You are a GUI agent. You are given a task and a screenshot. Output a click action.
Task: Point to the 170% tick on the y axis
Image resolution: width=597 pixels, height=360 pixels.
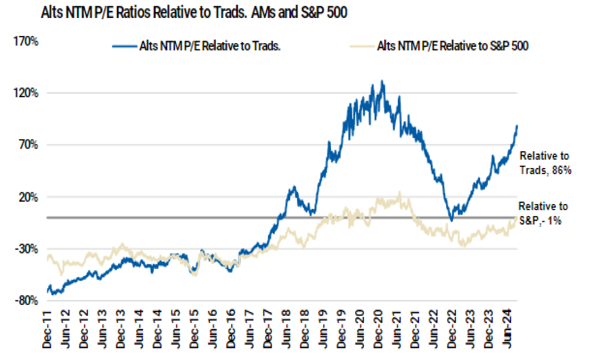click(26, 41)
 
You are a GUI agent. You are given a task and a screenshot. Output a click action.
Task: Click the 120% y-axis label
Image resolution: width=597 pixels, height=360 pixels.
click(26, 93)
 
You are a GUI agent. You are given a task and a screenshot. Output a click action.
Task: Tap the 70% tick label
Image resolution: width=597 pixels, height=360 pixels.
click(28, 145)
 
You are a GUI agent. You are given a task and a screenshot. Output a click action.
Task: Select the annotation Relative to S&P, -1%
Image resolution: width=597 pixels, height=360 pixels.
click(542, 214)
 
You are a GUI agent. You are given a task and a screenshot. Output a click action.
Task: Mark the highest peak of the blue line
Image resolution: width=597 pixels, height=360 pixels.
click(382, 81)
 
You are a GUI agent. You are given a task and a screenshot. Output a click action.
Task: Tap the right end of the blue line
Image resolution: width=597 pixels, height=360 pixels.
click(517, 125)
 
